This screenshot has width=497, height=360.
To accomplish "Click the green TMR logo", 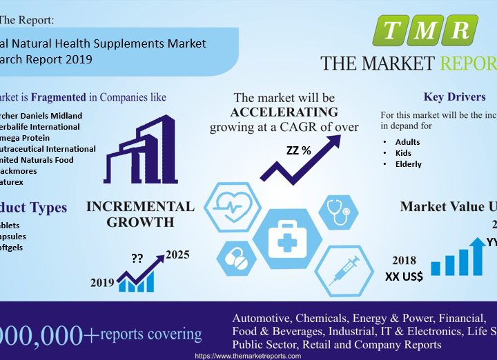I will (425, 30).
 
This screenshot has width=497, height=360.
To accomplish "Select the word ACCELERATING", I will (284, 112).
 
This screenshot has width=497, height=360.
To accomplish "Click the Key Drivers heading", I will (454, 97).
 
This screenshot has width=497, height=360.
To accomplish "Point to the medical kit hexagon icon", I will (286, 241).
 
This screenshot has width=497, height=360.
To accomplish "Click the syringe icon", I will (343, 268).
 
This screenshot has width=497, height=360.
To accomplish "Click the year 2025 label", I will (178, 254).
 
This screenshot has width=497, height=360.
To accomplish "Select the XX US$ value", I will (404, 277).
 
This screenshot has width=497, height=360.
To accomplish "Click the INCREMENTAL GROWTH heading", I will (140, 214).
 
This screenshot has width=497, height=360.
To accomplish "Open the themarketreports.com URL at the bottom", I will (248, 356).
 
